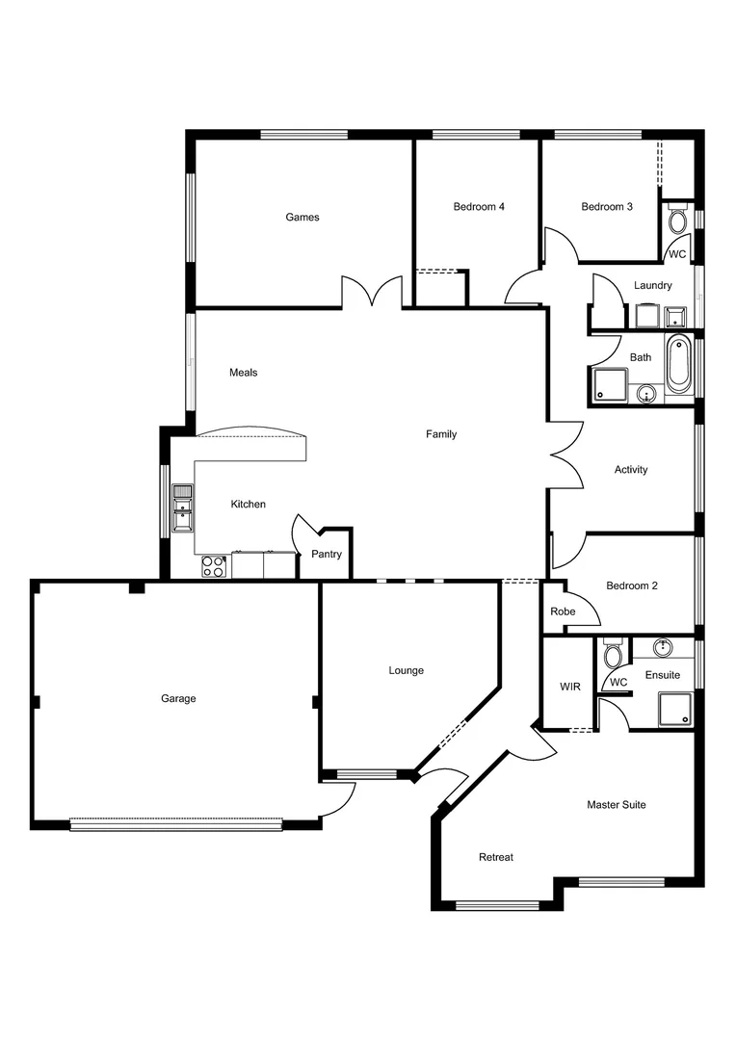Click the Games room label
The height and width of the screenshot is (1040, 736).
click(x=302, y=218)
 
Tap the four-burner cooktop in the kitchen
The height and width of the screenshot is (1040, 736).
click(x=213, y=566)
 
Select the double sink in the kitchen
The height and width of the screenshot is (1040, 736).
click(x=182, y=507)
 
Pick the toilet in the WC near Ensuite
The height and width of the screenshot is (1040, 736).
click(x=613, y=657)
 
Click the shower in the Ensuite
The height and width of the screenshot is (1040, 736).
click(x=674, y=710)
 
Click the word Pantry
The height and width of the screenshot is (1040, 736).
click(x=327, y=555)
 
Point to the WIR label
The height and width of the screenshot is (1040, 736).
click(x=570, y=688)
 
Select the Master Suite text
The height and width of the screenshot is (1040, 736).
click(x=617, y=805)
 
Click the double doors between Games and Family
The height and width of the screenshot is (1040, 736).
click(x=372, y=292)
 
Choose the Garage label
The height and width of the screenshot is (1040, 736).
click(x=178, y=699)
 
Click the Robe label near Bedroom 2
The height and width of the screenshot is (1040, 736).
click(x=562, y=611)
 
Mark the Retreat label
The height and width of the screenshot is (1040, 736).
click(x=496, y=857)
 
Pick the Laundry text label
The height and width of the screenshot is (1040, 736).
click(x=653, y=286)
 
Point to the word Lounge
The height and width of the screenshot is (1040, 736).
click(x=406, y=671)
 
